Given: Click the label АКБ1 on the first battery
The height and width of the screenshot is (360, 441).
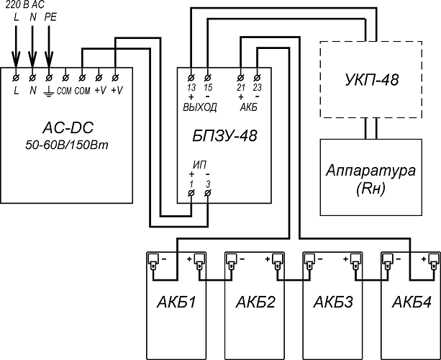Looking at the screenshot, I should [173, 303].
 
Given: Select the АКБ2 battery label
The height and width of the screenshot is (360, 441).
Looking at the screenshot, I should [251, 303].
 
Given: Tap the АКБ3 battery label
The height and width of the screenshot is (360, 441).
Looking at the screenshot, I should [329, 303].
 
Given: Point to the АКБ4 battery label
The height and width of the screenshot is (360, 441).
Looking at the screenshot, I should [408, 303].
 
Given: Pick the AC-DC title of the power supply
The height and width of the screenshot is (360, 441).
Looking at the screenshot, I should [68, 129].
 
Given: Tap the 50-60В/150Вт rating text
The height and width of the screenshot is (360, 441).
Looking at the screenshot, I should [68, 145].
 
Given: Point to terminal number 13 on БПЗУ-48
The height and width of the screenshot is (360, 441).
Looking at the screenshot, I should [191, 87].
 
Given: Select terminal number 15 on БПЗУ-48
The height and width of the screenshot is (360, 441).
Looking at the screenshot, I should [208, 87].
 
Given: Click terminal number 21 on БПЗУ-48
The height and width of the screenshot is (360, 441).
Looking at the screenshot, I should [241, 87].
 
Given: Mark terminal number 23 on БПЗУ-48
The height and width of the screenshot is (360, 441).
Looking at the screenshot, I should [257, 87].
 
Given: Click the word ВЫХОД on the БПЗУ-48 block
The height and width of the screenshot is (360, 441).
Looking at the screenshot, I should [200, 107].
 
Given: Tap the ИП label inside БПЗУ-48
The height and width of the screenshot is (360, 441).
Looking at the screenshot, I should [199, 165].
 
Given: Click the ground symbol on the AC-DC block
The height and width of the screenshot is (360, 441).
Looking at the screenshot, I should [48, 90].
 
